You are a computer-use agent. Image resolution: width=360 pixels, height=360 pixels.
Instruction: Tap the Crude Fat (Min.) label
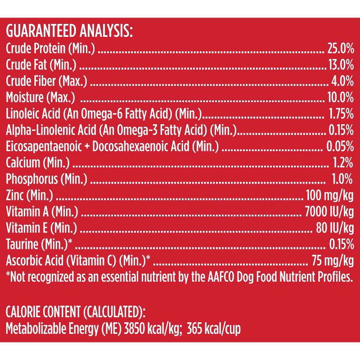(x=41, y=65)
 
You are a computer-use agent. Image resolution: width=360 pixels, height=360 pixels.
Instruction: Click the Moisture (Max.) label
(x=40, y=97)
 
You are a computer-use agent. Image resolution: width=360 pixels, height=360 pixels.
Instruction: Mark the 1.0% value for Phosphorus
(x=342, y=179)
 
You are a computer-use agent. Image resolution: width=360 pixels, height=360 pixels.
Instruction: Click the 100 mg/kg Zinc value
(x=328, y=195)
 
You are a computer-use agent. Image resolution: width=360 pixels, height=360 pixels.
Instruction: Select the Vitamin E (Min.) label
(x=41, y=227)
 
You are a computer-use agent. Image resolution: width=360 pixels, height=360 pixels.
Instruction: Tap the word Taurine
(x=22, y=244)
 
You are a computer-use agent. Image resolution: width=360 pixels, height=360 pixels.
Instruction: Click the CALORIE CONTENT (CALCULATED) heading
(x=76, y=311)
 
